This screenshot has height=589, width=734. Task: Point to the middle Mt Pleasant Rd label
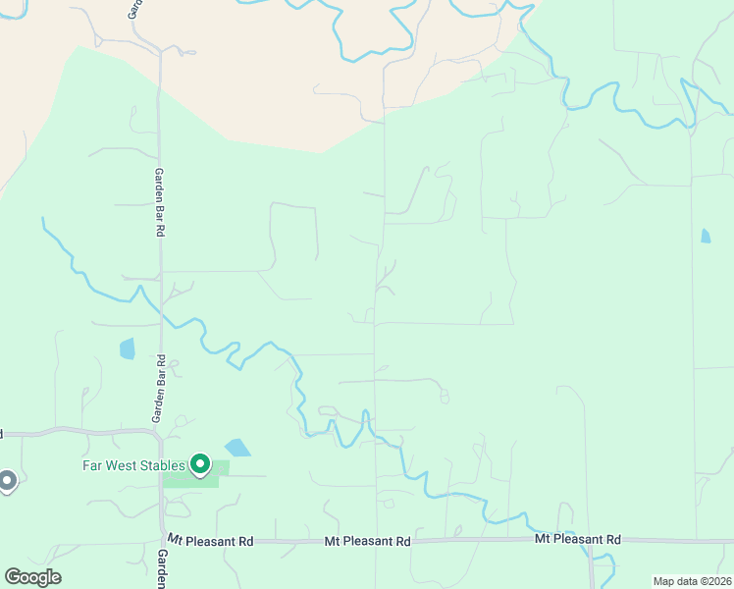368,541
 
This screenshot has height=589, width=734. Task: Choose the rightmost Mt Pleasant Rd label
578,539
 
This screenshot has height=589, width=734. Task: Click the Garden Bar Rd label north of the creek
157,201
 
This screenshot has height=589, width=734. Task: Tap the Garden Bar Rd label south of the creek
157,390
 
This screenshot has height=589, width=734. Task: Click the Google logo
32,577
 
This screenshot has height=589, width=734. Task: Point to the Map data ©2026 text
692,581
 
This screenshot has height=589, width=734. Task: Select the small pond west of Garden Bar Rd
127,348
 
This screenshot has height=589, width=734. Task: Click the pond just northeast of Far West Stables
236,448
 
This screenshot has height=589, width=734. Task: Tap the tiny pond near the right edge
706,236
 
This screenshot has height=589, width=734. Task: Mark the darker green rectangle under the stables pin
186,479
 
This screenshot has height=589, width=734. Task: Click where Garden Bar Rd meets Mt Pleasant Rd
162,539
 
